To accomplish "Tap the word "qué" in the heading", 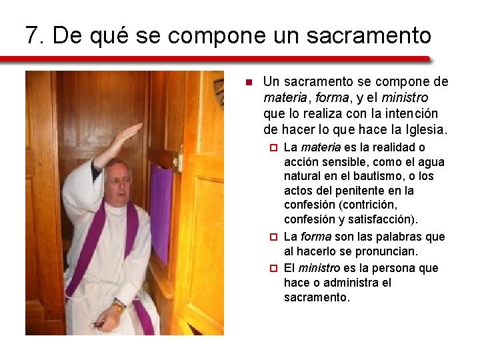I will coord(109,36).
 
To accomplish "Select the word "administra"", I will coord(361,283).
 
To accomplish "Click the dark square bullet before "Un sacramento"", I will coord(247,83).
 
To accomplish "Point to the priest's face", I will coord(119,180).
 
